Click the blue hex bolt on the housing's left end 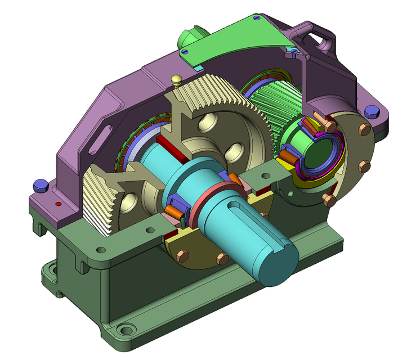coord(39,184)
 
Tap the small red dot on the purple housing coord(58,203)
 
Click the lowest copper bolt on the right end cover coord(329,200)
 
